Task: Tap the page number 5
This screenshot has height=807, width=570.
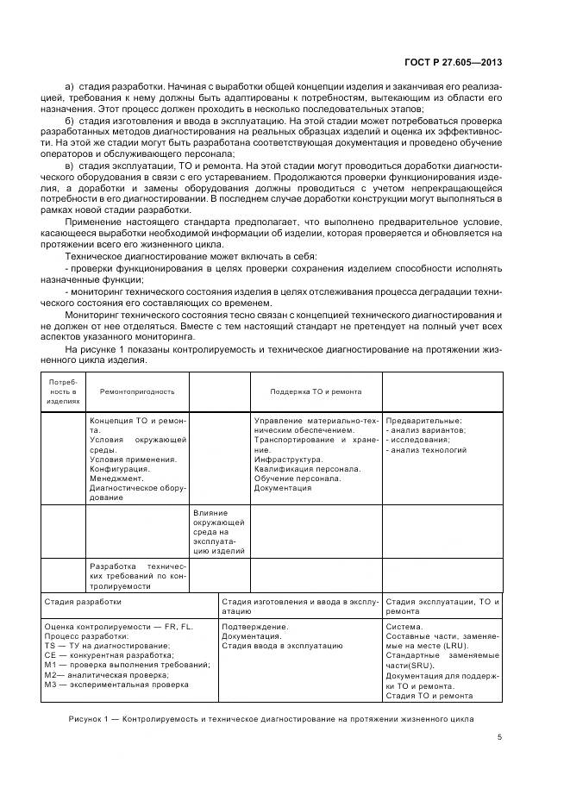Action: click(x=498, y=736)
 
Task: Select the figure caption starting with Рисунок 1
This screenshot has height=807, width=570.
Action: click(x=269, y=718)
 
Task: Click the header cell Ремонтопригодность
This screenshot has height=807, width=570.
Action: click(x=137, y=391)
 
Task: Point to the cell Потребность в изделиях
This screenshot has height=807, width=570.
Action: click(x=63, y=391)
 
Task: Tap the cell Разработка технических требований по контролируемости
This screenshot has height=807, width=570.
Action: click(x=137, y=575)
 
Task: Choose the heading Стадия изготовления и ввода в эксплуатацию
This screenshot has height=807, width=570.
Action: click(x=299, y=607)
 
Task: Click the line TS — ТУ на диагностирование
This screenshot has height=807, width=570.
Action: click(x=106, y=646)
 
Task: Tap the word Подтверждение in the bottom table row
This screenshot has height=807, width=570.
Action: click(x=254, y=626)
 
